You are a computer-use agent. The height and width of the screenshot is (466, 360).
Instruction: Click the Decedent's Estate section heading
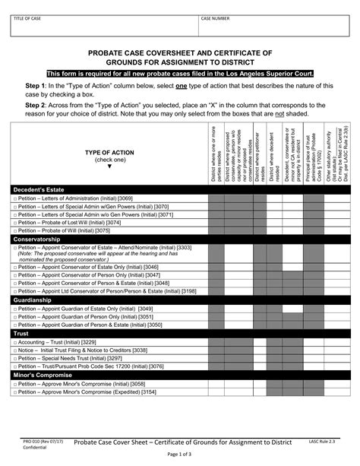tap(39, 189)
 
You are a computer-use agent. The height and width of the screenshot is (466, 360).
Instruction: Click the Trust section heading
tap(22, 334)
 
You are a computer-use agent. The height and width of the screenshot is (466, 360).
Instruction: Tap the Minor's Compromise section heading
tap(43, 375)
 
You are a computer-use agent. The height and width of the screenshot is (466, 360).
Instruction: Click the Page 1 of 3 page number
tap(179, 455)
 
